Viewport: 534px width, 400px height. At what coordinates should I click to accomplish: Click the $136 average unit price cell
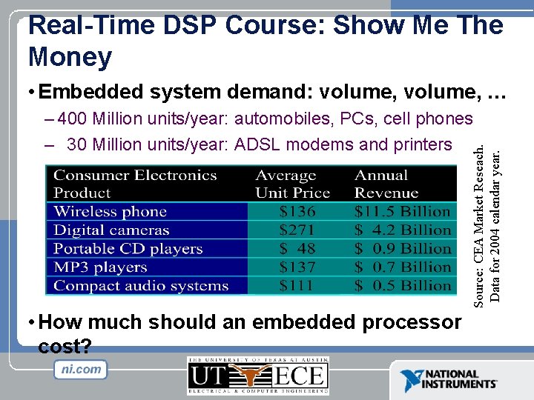(297, 212)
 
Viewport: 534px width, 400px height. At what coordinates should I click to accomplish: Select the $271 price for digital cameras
(297, 230)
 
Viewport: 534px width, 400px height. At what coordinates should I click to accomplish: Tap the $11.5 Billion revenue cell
(403, 212)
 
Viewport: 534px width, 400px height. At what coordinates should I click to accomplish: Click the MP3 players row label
(100, 267)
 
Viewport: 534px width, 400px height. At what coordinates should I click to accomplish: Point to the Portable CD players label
(128, 249)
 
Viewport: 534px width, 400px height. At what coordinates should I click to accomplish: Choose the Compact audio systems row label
(141, 286)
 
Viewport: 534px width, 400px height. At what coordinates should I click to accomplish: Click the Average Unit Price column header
(292, 184)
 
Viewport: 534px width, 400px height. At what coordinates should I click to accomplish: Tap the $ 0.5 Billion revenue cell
(403, 286)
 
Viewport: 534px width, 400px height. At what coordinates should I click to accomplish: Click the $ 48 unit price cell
(297, 249)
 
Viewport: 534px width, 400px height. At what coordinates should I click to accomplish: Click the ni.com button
(81, 370)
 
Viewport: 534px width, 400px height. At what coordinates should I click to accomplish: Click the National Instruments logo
(449, 380)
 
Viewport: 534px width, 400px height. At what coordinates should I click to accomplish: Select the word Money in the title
(70, 56)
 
